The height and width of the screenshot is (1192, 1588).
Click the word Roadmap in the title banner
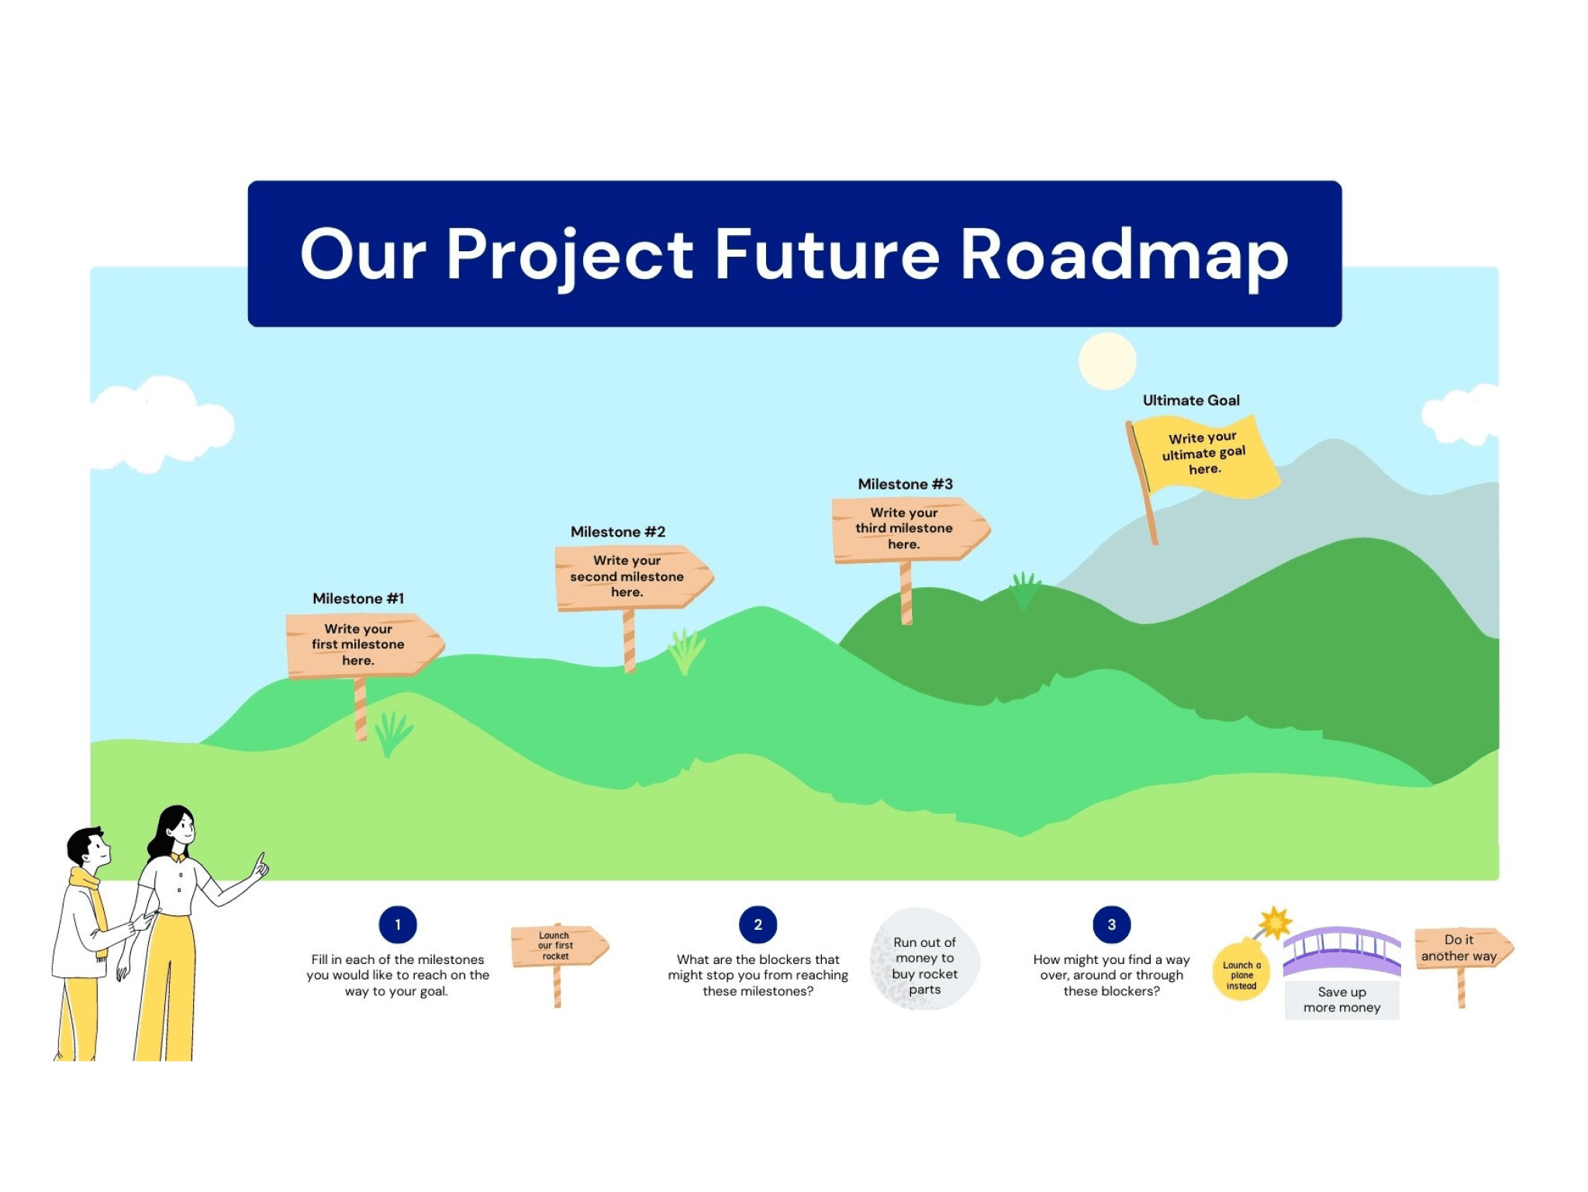click(x=1124, y=256)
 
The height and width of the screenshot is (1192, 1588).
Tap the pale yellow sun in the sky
click(x=1107, y=361)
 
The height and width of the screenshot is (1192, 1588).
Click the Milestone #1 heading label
click(x=358, y=599)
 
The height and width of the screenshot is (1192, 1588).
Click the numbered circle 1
click(x=398, y=924)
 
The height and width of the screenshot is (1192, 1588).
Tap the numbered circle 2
click(x=758, y=924)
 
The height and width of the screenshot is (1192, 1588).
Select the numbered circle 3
click(x=1111, y=924)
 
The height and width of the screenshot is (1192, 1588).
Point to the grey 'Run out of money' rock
click(x=924, y=962)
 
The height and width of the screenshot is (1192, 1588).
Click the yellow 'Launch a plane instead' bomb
click(x=1241, y=972)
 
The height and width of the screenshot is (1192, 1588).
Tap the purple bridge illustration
click(x=1341, y=951)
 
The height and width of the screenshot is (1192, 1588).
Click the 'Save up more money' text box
click(x=1341, y=1000)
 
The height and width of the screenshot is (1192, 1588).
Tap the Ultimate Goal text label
click(x=1191, y=401)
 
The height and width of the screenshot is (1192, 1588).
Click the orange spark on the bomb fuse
click(x=1275, y=923)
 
